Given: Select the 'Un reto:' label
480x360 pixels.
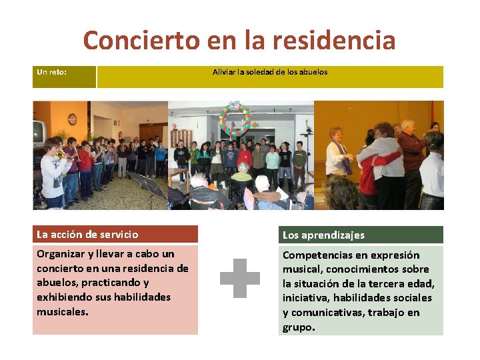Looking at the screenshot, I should (51, 72).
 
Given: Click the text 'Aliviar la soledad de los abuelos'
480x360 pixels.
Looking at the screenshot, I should (270, 72).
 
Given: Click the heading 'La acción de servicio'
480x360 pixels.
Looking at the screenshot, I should (87, 234).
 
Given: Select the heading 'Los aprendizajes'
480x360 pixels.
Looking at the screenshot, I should (323, 235).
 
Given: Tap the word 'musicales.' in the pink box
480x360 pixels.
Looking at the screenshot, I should (63, 311).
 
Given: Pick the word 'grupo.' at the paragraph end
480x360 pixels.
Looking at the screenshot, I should (299, 327).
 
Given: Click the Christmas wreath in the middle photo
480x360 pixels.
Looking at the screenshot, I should (235, 119).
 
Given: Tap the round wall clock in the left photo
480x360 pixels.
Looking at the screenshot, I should (72, 119).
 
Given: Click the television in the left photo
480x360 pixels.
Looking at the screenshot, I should (39, 131).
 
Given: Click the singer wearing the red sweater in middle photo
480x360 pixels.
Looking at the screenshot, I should (245, 159).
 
